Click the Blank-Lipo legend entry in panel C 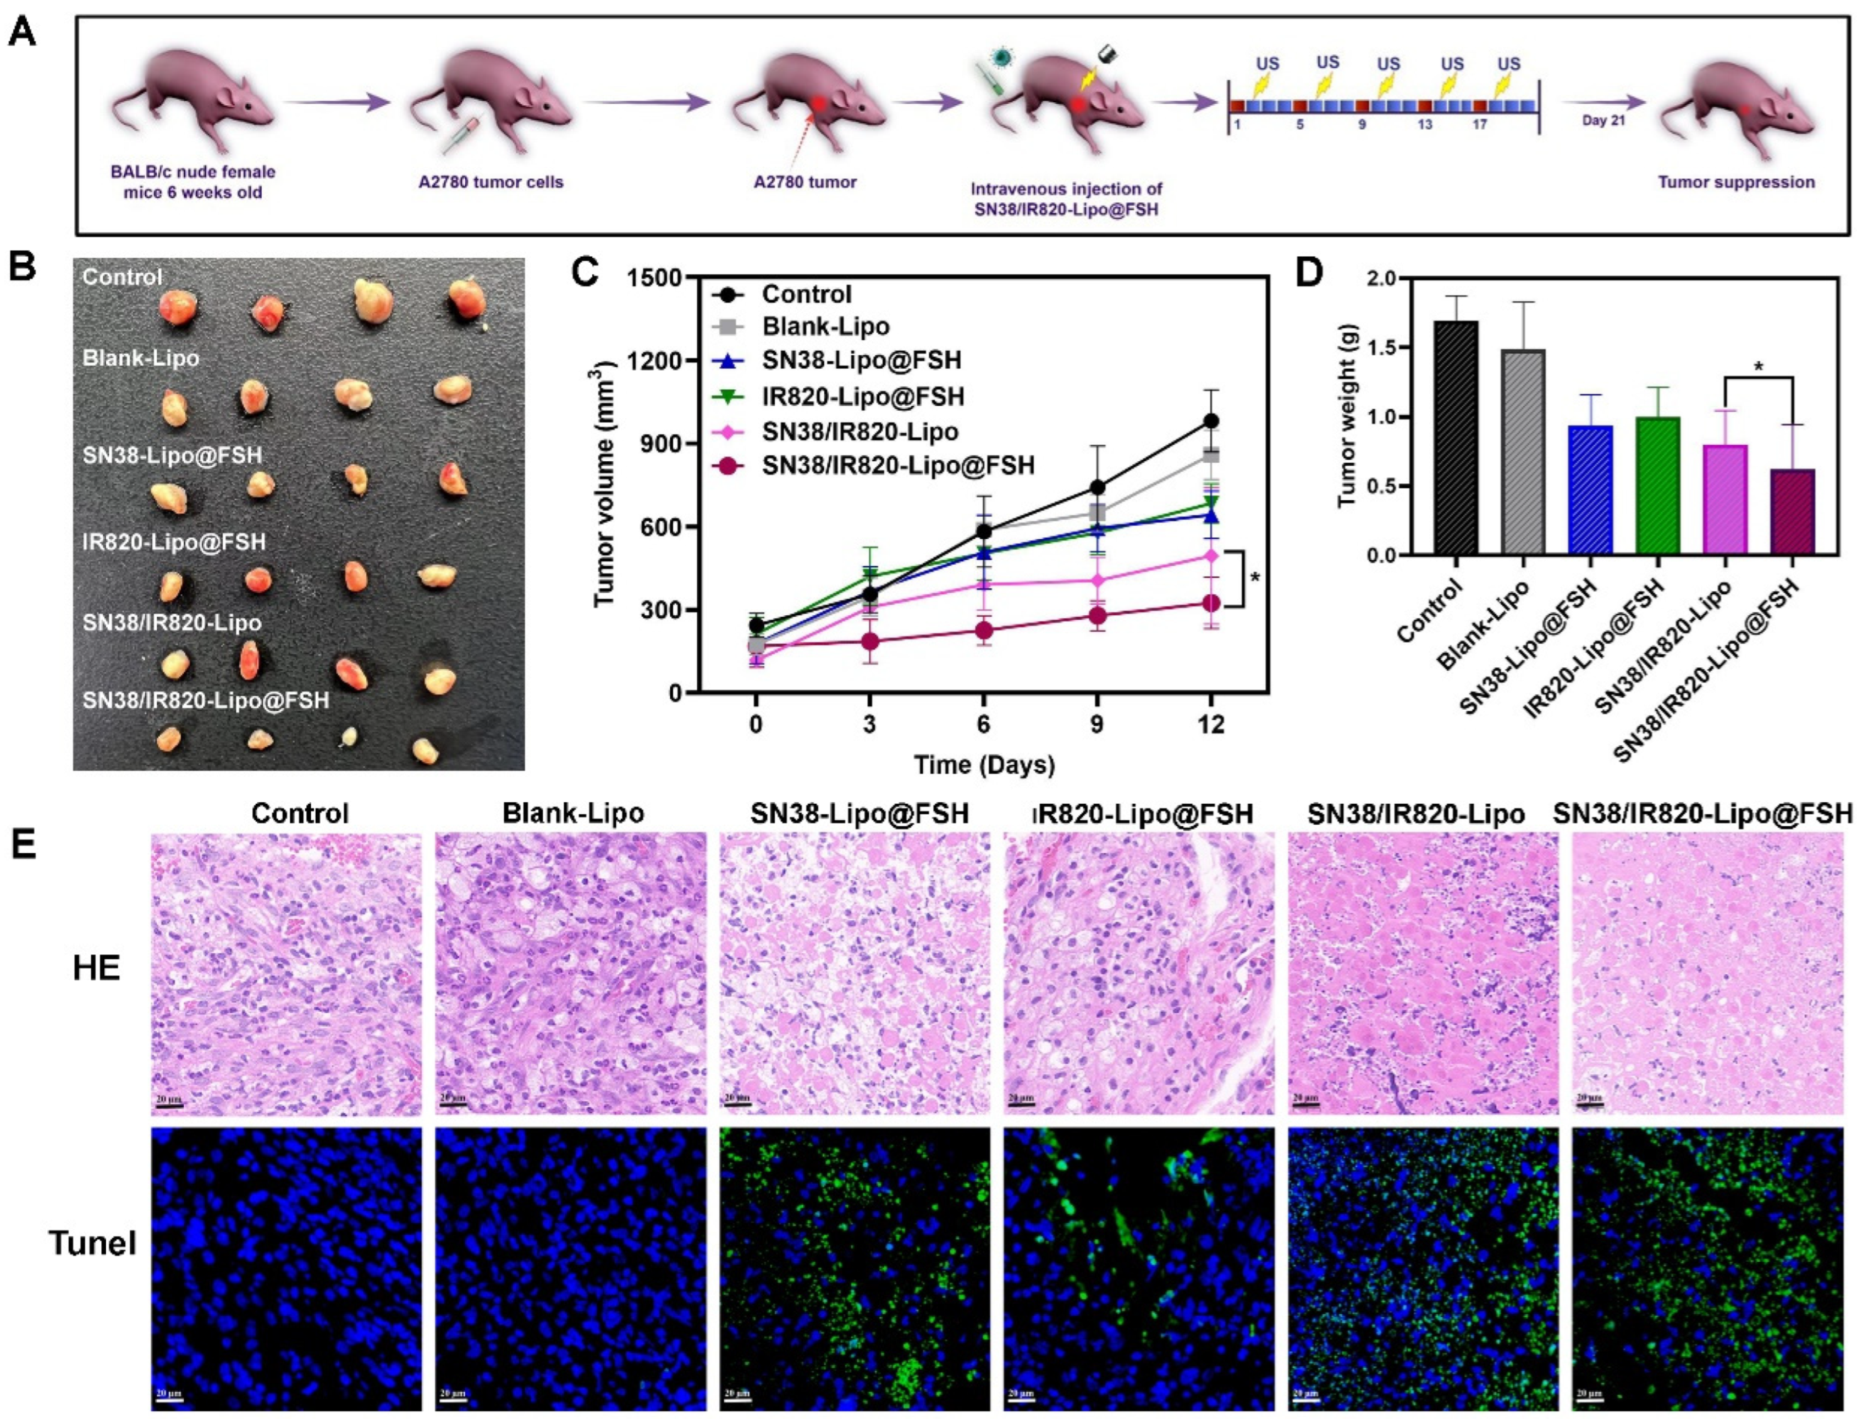pos(825,326)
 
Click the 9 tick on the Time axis pos(1096,724)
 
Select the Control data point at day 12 pos(1211,421)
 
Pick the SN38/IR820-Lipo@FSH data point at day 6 pos(983,630)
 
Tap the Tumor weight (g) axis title pos(1347,416)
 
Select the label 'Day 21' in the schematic pos(1603,121)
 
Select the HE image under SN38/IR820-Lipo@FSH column pos(1707,973)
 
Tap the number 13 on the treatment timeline pos(1424,125)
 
